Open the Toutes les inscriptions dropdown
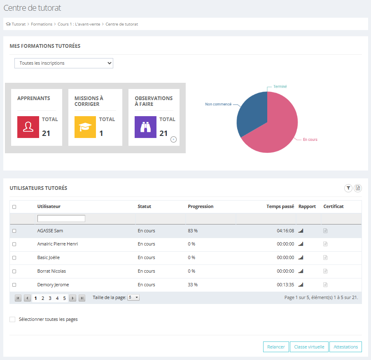(64, 63)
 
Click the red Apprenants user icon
(28, 127)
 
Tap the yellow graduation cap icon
(85, 127)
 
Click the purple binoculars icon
(145, 127)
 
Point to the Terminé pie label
(280, 86)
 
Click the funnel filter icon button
(348, 188)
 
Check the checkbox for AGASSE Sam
(14, 231)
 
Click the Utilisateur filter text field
(61, 219)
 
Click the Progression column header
(201, 206)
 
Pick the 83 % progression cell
(193, 231)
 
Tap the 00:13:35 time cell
(285, 285)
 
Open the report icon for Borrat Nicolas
(301, 271)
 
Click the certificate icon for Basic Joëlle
(325, 257)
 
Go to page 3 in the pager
(50, 298)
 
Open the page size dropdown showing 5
(133, 297)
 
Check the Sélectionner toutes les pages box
(12, 319)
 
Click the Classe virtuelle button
(309, 347)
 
